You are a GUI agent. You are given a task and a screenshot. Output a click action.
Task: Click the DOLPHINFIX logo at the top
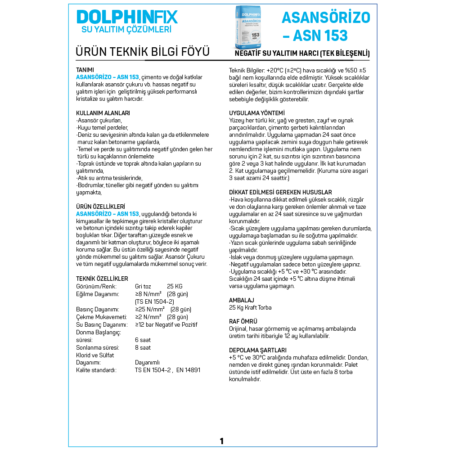coord(127,17)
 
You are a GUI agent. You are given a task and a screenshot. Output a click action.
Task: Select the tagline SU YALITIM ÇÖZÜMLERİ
coord(126,30)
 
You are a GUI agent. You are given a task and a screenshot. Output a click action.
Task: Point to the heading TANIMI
coord(85,70)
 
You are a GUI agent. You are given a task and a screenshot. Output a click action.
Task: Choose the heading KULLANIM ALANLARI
coord(103,113)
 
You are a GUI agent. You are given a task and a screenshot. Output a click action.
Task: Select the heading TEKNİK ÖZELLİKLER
coord(102,279)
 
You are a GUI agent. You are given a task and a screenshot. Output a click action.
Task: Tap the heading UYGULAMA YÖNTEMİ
coord(257,113)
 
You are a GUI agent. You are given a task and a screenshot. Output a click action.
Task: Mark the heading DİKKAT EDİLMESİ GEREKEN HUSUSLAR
coord(280,192)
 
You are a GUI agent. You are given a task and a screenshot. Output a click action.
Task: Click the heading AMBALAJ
coord(242,300)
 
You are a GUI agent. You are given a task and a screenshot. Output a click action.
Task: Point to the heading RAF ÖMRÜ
coord(243,321)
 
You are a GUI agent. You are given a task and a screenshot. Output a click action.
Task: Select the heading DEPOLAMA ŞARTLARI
coord(258,350)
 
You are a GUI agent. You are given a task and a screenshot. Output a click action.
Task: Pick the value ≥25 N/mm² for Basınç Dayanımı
coord(150,310)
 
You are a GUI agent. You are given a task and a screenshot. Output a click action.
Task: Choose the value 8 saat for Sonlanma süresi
coord(143,347)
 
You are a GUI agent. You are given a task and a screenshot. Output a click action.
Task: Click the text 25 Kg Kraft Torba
coord(250,308)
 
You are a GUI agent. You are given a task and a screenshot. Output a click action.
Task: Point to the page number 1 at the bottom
coord(221,441)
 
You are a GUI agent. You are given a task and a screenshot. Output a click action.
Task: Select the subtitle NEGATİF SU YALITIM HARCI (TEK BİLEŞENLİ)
coord(302,54)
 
